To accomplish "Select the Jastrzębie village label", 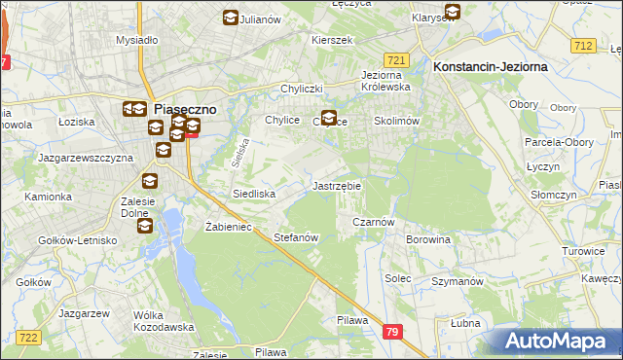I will click(x=336, y=185).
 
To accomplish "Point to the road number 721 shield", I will click(x=395, y=59).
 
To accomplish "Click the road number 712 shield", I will click(x=583, y=46).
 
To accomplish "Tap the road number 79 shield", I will click(x=391, y=332).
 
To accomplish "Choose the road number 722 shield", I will click(x=28, y=337).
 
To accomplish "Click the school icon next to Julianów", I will click(x=230, y=18).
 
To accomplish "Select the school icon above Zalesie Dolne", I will click(x=149, y=180).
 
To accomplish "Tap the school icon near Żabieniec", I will click(x=144, y=226).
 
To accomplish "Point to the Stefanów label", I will click(x=296, y=237).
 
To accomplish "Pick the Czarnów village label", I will click(x=372, y=222).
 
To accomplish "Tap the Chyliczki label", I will click(x=301, y=89).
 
